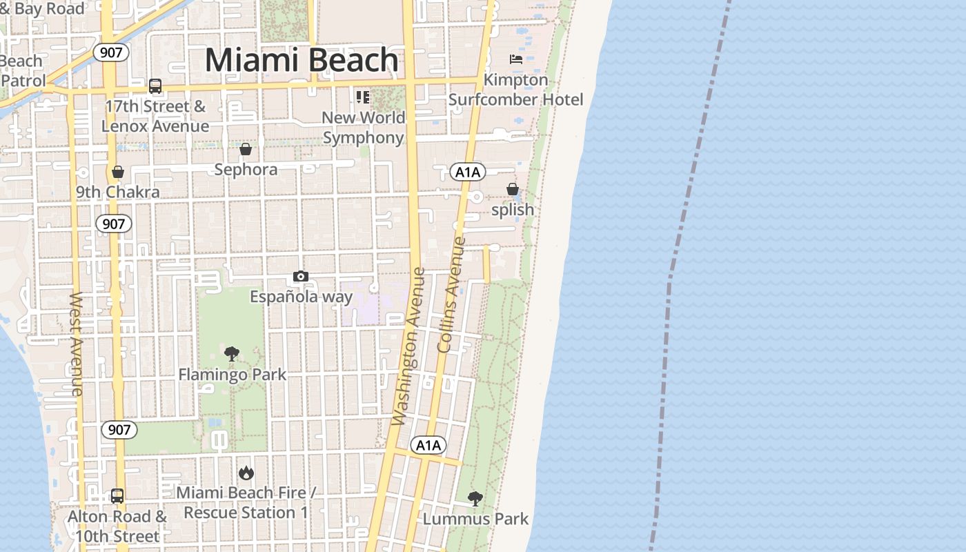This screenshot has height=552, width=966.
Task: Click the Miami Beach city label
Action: click(302, 60)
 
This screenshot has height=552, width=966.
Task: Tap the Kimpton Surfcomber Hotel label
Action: click(515, 90)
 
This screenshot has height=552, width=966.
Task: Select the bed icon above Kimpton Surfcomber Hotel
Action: click(516, 59)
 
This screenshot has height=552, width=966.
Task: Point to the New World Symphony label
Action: click(363, 127)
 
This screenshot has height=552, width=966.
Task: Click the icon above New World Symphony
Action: click(363, 97)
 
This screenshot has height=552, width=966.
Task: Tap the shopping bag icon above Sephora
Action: click(245, 149)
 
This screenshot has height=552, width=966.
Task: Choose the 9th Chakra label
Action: click(118, 192)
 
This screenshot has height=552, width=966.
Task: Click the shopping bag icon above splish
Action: click(512, 189)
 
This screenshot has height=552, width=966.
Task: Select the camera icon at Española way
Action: click(300, 277)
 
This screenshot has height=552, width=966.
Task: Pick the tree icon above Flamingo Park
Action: click(232, 354)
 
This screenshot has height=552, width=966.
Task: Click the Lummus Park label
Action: click(475, 519)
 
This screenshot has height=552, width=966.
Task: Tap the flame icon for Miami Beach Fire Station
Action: click(246, 473)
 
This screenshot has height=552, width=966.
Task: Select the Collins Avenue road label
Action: click(452, 295)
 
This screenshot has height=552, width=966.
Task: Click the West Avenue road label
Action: click(76, 344)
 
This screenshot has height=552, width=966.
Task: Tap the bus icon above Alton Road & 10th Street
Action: click(117, 495)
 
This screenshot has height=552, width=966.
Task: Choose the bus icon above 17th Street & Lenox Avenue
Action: click(155, 86)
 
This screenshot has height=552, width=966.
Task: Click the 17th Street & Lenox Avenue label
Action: click(155, 116)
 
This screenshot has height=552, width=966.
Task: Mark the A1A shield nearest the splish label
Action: click(468, 172)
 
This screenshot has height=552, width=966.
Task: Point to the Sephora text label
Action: click(246, 170)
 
